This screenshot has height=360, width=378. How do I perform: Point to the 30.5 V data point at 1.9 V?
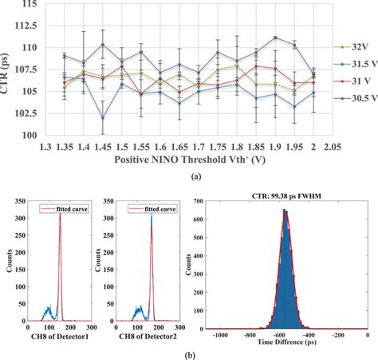275,38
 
